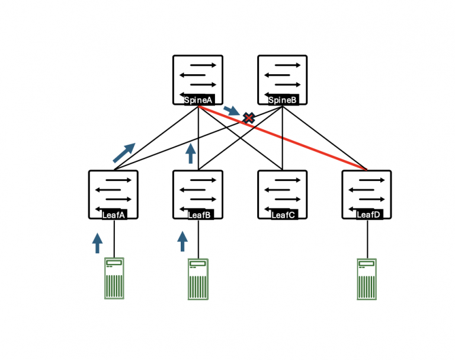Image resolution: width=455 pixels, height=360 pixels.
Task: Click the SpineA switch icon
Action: coord(198,77)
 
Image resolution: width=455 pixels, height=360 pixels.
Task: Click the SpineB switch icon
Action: coord(283,77)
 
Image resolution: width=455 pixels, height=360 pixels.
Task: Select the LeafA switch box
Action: coord(113,192)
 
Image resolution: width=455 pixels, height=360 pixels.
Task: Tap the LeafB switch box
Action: coord(198,192)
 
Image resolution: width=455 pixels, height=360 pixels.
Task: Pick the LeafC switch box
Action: coord(283,192)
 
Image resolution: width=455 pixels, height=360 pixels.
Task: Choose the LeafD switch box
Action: coord(367,192)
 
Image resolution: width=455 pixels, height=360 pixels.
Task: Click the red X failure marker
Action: coord(249,118)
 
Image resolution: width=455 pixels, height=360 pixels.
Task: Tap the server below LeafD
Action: coord(367,279)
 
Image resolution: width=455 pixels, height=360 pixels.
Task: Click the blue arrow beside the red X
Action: coord(232,111)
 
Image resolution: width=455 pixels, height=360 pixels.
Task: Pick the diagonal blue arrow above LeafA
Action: coord(124,152)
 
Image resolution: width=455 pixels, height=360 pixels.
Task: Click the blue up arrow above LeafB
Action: coord(190,153)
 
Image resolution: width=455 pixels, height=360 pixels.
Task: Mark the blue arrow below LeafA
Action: coord(98,243)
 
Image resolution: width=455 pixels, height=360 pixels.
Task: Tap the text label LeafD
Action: coord(368,215)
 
